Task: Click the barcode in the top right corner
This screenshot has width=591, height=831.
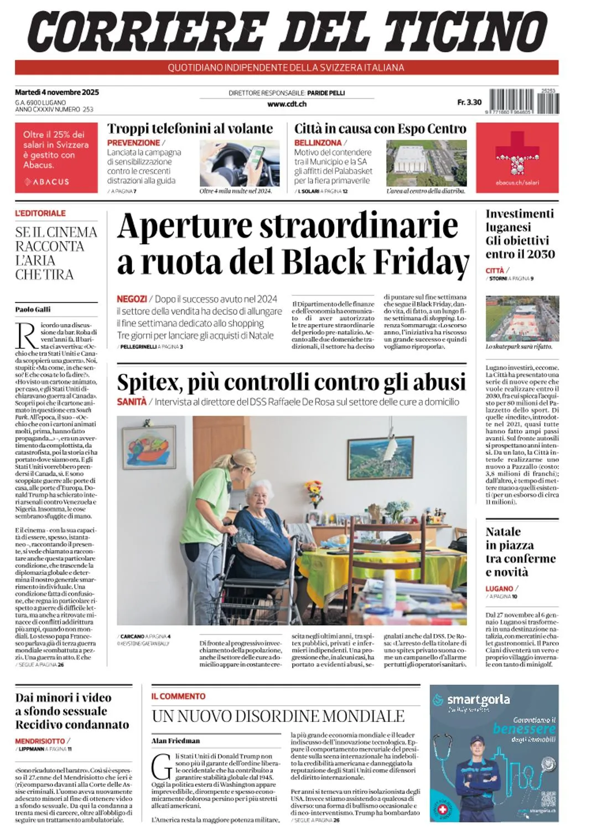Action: (523, 101)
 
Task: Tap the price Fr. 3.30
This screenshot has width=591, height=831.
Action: (469, 102)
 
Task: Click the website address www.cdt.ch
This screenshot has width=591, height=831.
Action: (287, 104)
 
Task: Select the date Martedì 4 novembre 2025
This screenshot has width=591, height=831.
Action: (57, 92)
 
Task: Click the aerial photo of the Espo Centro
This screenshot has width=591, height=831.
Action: (426, 163)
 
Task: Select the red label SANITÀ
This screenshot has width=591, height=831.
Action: (132, 402)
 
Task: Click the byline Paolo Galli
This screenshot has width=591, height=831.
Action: (33, 309)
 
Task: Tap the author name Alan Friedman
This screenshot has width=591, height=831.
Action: (175, 741)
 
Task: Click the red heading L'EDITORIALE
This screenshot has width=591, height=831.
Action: (40, 213)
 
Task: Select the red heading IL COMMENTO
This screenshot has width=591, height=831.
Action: (178, 696)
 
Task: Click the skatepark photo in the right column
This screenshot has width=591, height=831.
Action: (522, 319)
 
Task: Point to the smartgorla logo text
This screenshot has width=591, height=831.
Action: (478, 700)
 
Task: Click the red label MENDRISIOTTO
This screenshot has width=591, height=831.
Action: (40, 741)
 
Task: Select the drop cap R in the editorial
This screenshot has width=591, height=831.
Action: (27, 336)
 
